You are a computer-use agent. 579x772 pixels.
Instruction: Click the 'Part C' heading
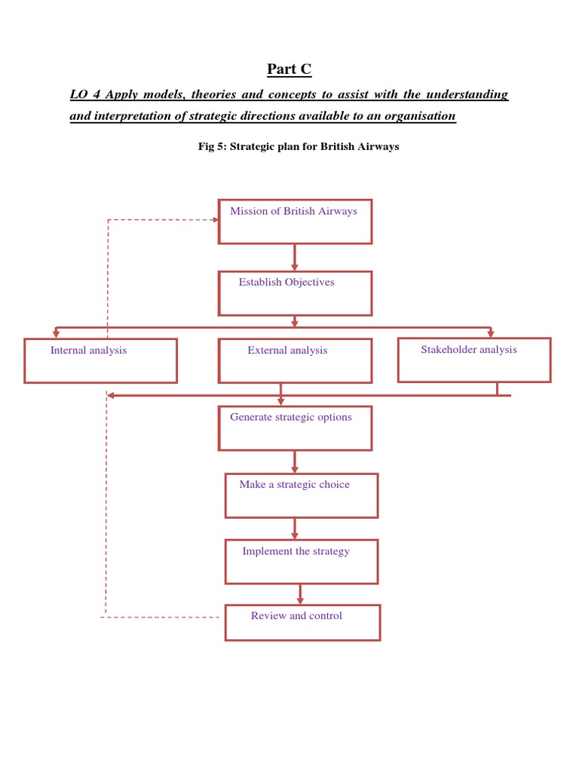click(289, 69)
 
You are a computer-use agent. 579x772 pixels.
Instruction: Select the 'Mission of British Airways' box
click(295, 221)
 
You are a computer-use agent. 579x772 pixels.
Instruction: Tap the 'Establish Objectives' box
click(295, 293)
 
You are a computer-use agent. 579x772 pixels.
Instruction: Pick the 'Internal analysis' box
click(100, 360)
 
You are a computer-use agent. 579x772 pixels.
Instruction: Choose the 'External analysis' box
click(295, 360)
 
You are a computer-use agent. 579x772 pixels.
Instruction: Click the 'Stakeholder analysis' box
click(474, 360)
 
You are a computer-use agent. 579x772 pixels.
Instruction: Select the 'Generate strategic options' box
click(295, 427)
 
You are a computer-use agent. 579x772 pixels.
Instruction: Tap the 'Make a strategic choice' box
click(302, 495)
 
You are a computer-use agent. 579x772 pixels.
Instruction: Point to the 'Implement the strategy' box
click(302, 561)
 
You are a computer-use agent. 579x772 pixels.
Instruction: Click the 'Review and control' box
click(302, 622)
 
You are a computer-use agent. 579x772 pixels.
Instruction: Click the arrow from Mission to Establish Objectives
click(295, 257)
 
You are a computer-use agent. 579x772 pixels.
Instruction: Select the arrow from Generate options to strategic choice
click(295, 461)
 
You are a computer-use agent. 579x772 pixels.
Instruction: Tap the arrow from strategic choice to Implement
click(295, 528)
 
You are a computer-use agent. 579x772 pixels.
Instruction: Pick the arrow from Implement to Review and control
click(300, 593)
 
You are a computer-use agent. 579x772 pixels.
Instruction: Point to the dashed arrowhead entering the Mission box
click(213, 219)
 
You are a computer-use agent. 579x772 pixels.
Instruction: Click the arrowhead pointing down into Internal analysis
click(56, 333)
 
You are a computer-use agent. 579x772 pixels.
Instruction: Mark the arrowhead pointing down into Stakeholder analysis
click(491, 332)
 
